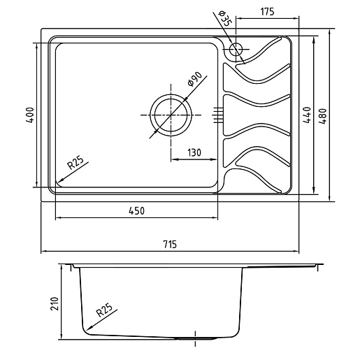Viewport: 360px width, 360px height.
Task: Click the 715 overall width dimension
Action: coord(170,244)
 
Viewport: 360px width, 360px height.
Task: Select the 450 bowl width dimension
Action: coord(136,210)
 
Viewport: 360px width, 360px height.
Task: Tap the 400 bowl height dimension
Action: coord(30,115)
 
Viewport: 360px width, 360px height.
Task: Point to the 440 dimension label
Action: coord(307,115)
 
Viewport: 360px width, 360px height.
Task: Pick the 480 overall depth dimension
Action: coord(324,116)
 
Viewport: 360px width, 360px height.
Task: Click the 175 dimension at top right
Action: coord(267,12)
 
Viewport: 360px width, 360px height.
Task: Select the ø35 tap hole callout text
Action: coord(224,18)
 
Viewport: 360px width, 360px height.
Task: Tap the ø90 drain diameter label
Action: coord(194,79)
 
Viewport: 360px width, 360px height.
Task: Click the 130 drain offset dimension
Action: coord(194,152)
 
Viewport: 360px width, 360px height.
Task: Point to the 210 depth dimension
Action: coord(55,303)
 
